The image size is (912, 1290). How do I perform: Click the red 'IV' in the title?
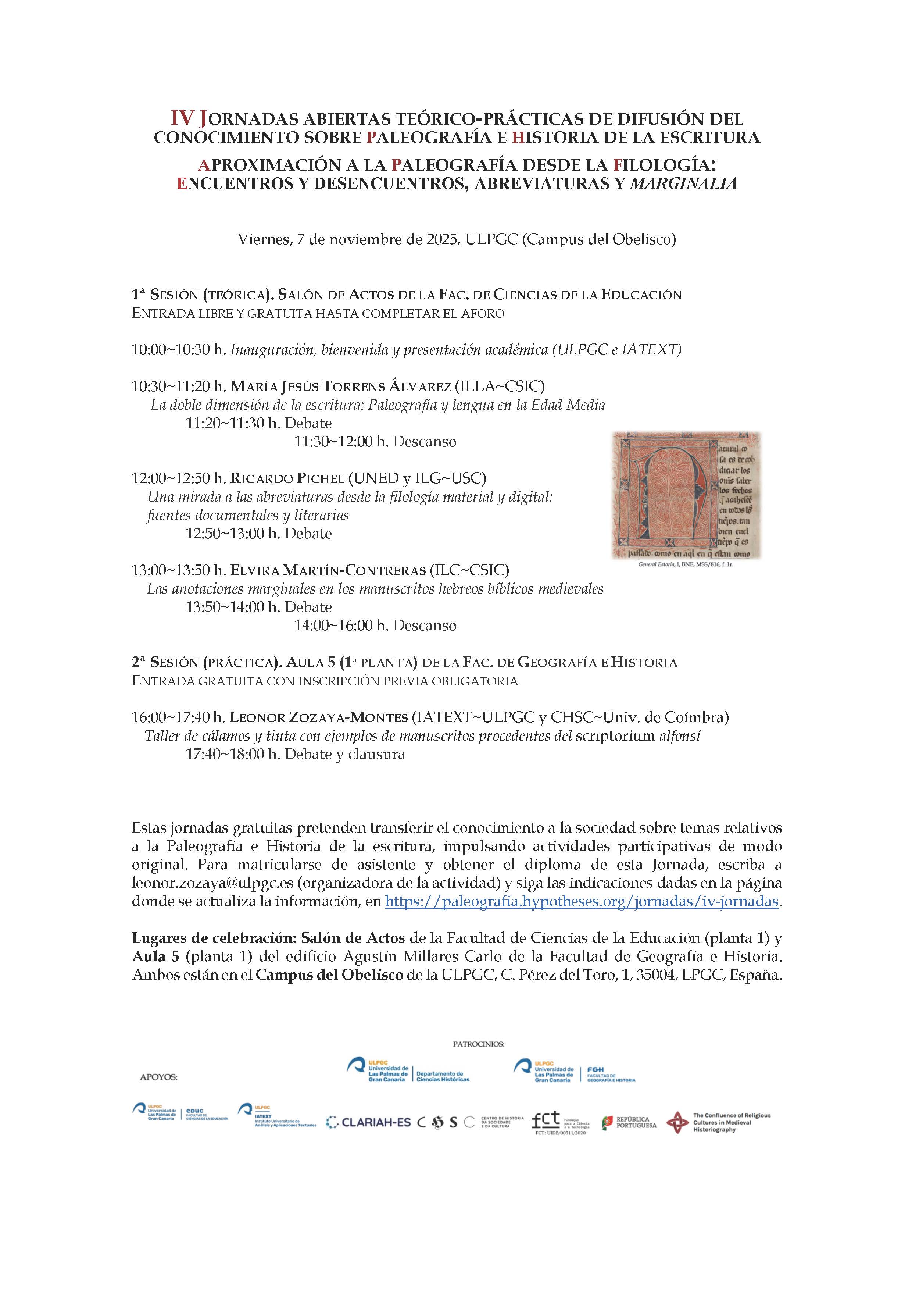[x=183, y=118]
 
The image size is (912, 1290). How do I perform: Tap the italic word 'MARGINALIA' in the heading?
[x=683, y=184]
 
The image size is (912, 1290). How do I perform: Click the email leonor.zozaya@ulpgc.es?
[x=213, y=883]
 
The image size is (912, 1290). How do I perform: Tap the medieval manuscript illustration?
[x=685, y=495]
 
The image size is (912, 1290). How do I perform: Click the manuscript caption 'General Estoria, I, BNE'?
[x=685, y=564]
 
